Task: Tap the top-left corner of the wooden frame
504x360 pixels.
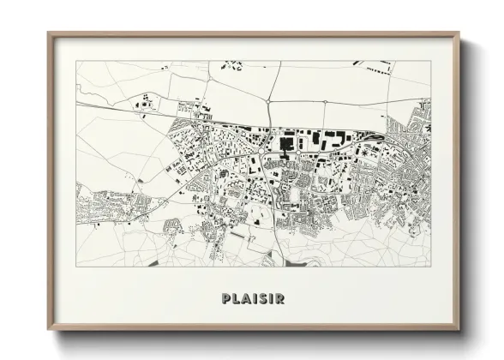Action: click(48, 33)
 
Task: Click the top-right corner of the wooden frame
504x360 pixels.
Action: click(459, 33)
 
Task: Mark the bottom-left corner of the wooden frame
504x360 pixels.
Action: click(48, 330)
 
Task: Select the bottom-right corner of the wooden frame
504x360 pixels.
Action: click(459, 330)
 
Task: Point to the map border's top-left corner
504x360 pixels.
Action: click(76, 61)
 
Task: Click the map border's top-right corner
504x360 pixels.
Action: click(431, 61)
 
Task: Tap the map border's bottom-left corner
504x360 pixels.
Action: click(76, 267)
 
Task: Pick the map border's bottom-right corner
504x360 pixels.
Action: click(431, 267)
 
